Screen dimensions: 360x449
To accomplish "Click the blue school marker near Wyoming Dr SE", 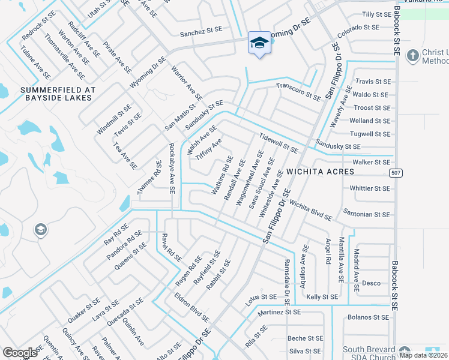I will point(259,43).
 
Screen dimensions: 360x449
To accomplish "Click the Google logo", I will point(20,353).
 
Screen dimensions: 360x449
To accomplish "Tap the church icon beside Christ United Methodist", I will point(412,56).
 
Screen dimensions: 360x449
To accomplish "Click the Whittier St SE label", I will point(370,188).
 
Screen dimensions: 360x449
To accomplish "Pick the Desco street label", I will point(371,283).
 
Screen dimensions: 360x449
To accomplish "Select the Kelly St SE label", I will point(322,296).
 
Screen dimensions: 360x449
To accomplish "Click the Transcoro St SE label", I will point(298,91).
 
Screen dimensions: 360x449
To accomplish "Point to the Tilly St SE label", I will point(376,14).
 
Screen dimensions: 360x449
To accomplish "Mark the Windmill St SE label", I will point(113,119).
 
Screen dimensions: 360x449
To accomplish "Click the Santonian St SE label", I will point(367,214).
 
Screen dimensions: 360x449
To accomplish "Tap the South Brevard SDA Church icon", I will point(405,352).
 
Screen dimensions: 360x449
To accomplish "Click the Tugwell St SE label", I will point(370,134).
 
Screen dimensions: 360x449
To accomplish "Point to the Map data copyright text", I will point(423,355).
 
